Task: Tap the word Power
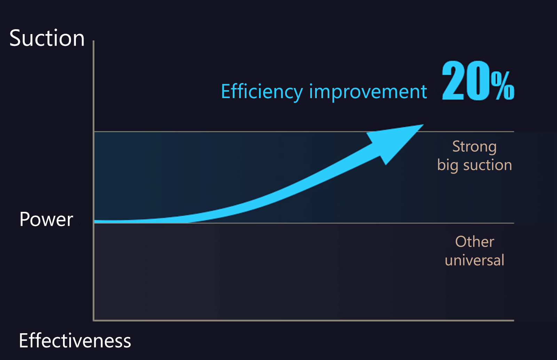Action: (46, 219)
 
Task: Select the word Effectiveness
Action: (75, 341)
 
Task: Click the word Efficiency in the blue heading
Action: (262, 92)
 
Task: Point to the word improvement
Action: (368, 92)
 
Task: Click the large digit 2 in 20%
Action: (453, 80)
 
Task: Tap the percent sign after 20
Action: (503, 85)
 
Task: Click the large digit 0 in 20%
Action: (478, 80)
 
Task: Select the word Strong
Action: (474, 147)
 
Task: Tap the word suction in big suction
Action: (487, 165)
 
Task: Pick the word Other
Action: (474, 242)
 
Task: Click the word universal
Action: (474, 260)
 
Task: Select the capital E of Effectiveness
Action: (23, 341)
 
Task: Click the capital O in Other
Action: (461, 242)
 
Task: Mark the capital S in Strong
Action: (456, 146)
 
